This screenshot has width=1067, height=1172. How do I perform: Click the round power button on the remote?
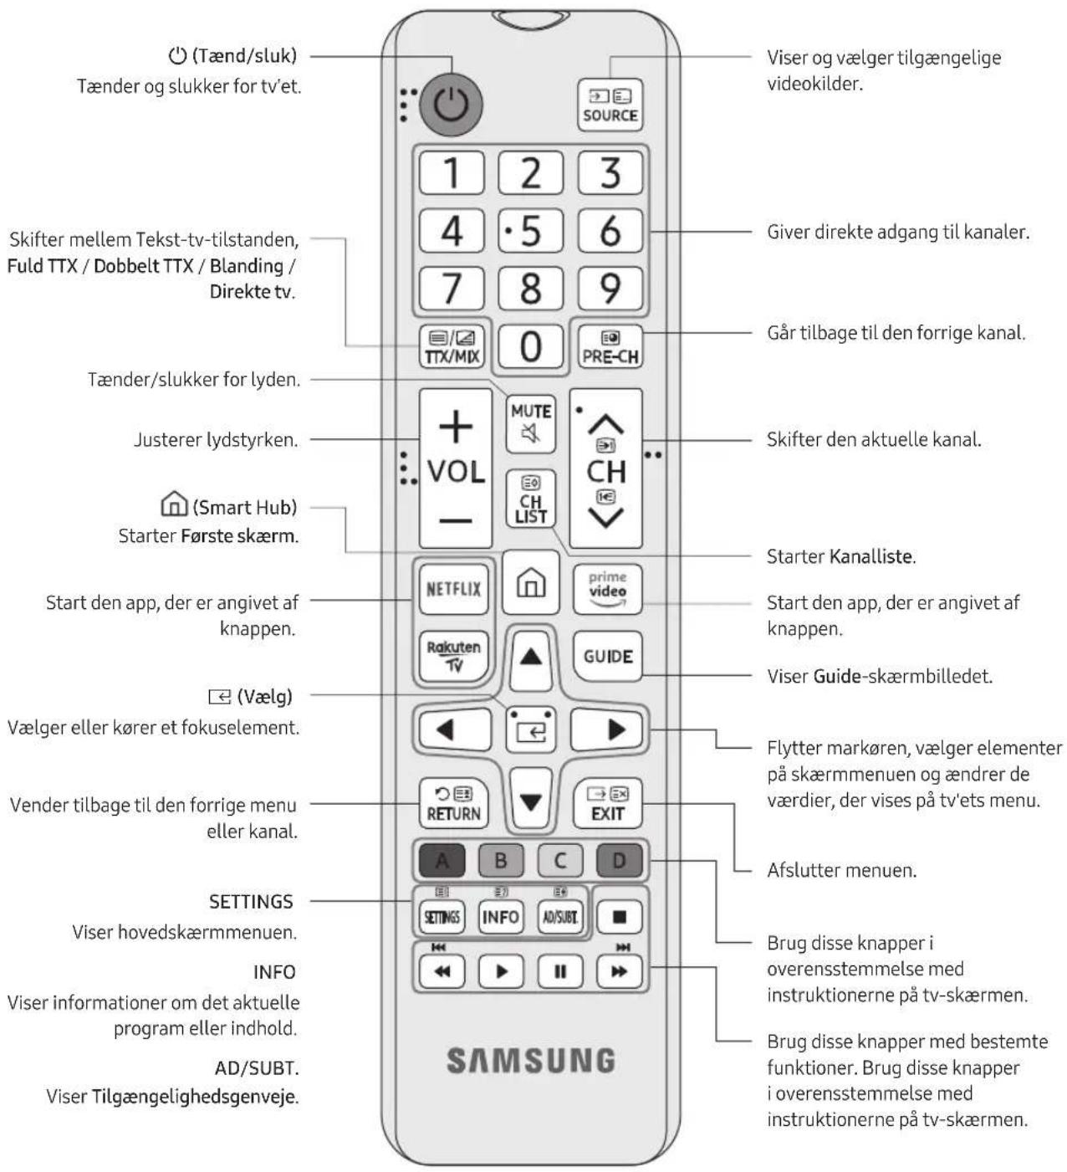pyautogui.click(x=450, y=105)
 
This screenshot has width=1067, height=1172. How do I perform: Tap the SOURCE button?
pyautogui.click(x=610, y=105)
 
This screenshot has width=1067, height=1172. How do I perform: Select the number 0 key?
pyautogui.click(x=530, y=346)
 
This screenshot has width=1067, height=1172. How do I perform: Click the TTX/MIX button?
pyautogui.click(x=452, y=346)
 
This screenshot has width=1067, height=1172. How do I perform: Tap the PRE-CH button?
pyautogui.click(x=610, y=346)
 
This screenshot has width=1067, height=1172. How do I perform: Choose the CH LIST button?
pyautogui.click(x=530, y=499)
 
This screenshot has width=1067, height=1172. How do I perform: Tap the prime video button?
pyautogui.click(x=607, y=589)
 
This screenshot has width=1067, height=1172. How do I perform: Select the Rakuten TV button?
pyautogui.click(x=454, y=656)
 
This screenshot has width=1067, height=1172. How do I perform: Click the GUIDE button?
pyautogui.click(x=607, y=656)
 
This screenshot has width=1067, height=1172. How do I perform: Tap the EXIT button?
pyautogui.click(x=607, y=803)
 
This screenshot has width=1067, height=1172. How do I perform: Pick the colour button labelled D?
pyautogui.click(x=619, y=860)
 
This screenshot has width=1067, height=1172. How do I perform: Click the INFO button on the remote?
pyautogui.click(x=501, y=917)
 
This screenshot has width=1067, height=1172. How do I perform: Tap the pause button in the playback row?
pyautogui.click(x=560, y=971)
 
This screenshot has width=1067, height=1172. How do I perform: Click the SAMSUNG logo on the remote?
pyautogui.click(x=531, y=1061)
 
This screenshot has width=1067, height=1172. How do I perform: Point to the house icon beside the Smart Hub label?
pyautogui.click(x=174, y=504)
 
